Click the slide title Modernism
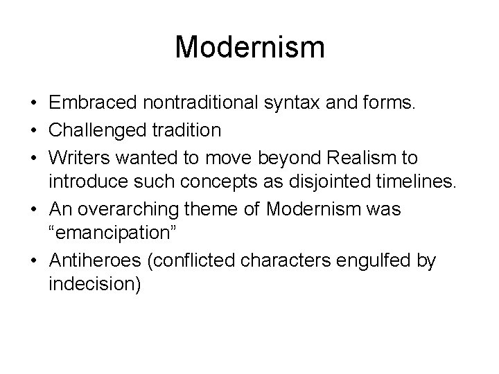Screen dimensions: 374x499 (x=249, y=48)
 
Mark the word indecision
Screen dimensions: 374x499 (x=94, y=285)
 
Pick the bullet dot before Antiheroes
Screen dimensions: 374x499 (x=33, y=260)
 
